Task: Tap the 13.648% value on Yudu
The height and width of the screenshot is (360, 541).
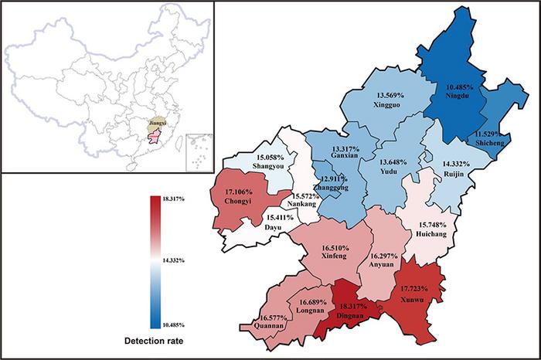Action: tap(397, 161)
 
